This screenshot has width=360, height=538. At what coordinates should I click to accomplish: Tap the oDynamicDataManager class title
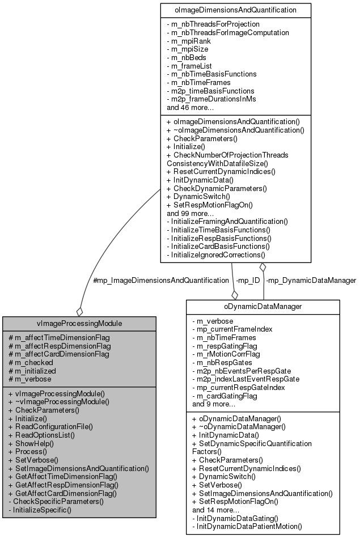263,307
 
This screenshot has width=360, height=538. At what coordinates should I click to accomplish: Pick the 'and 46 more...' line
190,107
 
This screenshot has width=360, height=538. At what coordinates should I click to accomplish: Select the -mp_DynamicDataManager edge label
311,280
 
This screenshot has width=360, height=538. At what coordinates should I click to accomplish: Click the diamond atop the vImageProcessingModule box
80,312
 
